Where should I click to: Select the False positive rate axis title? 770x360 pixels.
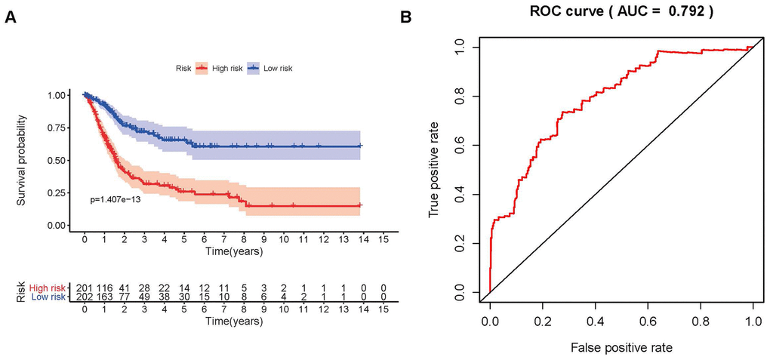point(621,348)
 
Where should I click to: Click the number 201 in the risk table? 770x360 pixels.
point(85,288)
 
